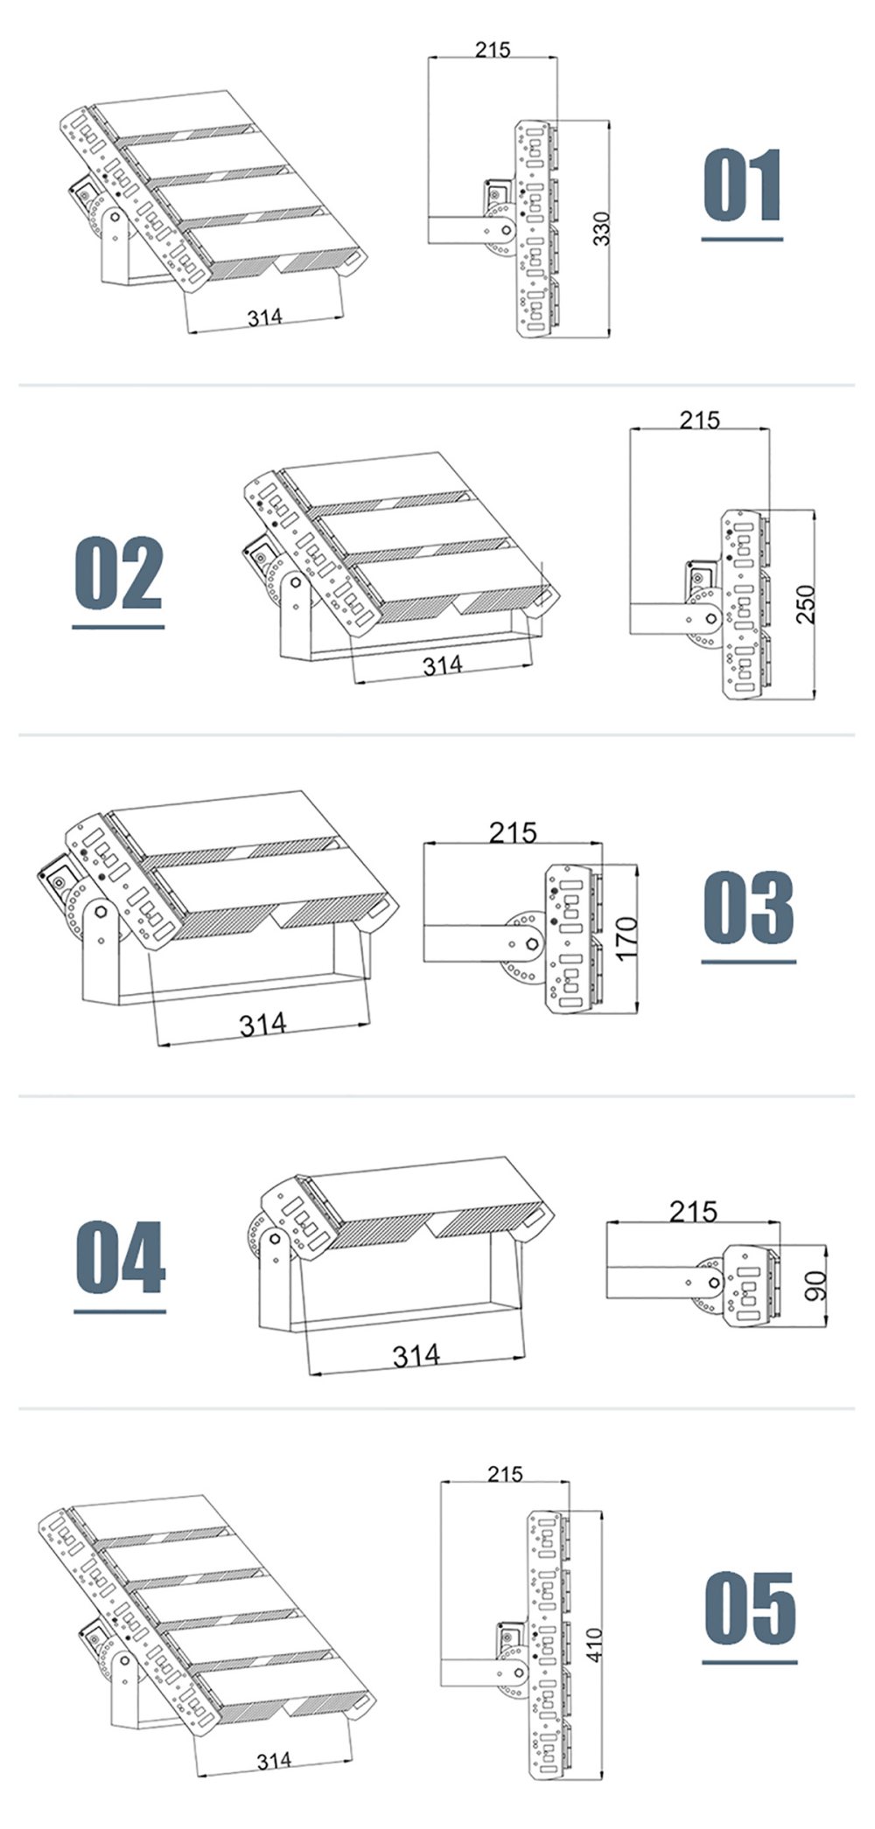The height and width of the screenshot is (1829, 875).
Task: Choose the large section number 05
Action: (751, 1607)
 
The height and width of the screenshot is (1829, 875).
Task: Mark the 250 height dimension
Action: (806, 604)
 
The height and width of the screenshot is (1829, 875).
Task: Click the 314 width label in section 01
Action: (264, 317)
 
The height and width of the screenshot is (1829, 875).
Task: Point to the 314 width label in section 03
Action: (263, 1024)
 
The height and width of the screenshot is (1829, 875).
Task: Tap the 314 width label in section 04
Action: (416, 1356)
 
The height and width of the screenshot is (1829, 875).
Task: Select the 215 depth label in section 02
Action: (700, 421)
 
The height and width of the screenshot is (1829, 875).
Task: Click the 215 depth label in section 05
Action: (505, 1474)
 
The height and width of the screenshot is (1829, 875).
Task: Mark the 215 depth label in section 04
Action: (693, 1212)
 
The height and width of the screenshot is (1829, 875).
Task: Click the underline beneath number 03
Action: (748, 962)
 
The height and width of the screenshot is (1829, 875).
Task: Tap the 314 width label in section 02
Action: (443, 665)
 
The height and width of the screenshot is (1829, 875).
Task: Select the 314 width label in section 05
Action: (274, 1762)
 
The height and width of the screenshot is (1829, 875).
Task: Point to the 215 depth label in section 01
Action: (493, 50)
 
